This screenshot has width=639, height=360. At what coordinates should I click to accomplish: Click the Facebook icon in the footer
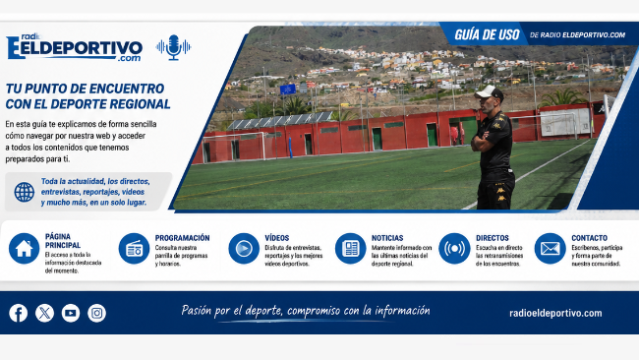click(19, 313)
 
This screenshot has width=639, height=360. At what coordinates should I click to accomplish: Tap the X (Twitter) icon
click(44, 313)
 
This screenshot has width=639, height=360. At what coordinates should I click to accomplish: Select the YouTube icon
click(71, 313)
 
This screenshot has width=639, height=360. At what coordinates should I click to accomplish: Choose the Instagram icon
click(96, 313)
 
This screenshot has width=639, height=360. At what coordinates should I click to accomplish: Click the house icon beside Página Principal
click(24, 248)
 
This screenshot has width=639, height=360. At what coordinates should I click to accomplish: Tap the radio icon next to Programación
click(134, 248)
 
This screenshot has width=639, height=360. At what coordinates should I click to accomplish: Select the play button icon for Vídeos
click(244, 248)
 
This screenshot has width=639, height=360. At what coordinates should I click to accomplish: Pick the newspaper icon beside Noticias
click(351, 248)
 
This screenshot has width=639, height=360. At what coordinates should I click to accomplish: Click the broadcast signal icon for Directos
click(454, 248)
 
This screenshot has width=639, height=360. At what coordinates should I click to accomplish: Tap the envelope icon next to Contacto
click(550, 248)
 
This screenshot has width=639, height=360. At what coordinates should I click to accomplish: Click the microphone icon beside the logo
click(174, 47)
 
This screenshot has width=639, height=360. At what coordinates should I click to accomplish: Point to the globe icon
click(25, 192)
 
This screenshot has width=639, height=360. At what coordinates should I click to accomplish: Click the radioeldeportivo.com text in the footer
click(555, 313)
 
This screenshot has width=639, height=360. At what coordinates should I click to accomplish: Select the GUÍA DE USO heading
click(487, 35)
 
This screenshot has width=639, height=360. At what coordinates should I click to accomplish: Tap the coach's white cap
click(490, 92)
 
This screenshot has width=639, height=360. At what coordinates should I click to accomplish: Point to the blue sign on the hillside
click(288, 90)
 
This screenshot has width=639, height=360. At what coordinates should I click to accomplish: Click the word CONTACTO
click(589, 238)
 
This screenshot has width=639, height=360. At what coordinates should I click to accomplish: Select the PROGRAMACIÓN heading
click(182, 238)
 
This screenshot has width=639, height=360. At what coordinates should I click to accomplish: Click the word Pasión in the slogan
click(197, 311)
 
